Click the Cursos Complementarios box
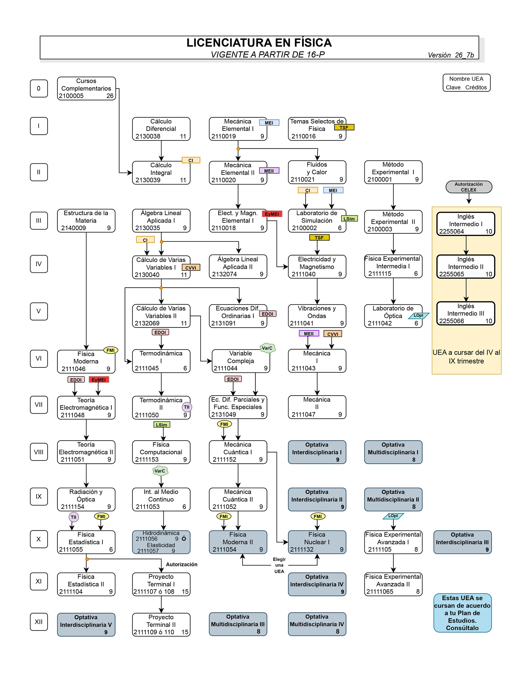pyautogui.click(x=86, y=89)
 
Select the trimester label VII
pyautogui.click(x=39, y=404)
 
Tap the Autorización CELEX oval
pyautogui.click(x=468, y=187)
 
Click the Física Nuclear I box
pyautogui.click(x=317, y=542)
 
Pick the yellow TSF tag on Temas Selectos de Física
pyautogui.click(x=344, y=127)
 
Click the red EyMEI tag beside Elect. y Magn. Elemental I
pyautogui.click(x=272, y=214)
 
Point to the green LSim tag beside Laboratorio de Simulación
pyautogui.click(x=349, y=218)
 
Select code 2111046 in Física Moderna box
pyautogui.click(x=73, y=369)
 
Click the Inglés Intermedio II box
pyautogui.click(x=465, y=267)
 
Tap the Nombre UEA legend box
pyautogui.click(x=466, y=83)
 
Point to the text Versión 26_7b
pyautogui.click(x=450, y=55)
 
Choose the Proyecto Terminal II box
pyautogui.click(x=161, y=625)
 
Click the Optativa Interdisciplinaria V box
pyautogui.click(x=86, y=625)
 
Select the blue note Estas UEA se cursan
pyautogui.click(x=462, y=613)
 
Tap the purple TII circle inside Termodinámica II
pyautogui.click(x=187, y=407)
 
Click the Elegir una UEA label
pyautogui.click(x=279, y=565)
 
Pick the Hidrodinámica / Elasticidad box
pyautogui.click(x=161, y=542)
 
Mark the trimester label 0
pyautogui.click(x=39, y=89)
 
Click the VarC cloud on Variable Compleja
pyautogui.click(x=267, y=348)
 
